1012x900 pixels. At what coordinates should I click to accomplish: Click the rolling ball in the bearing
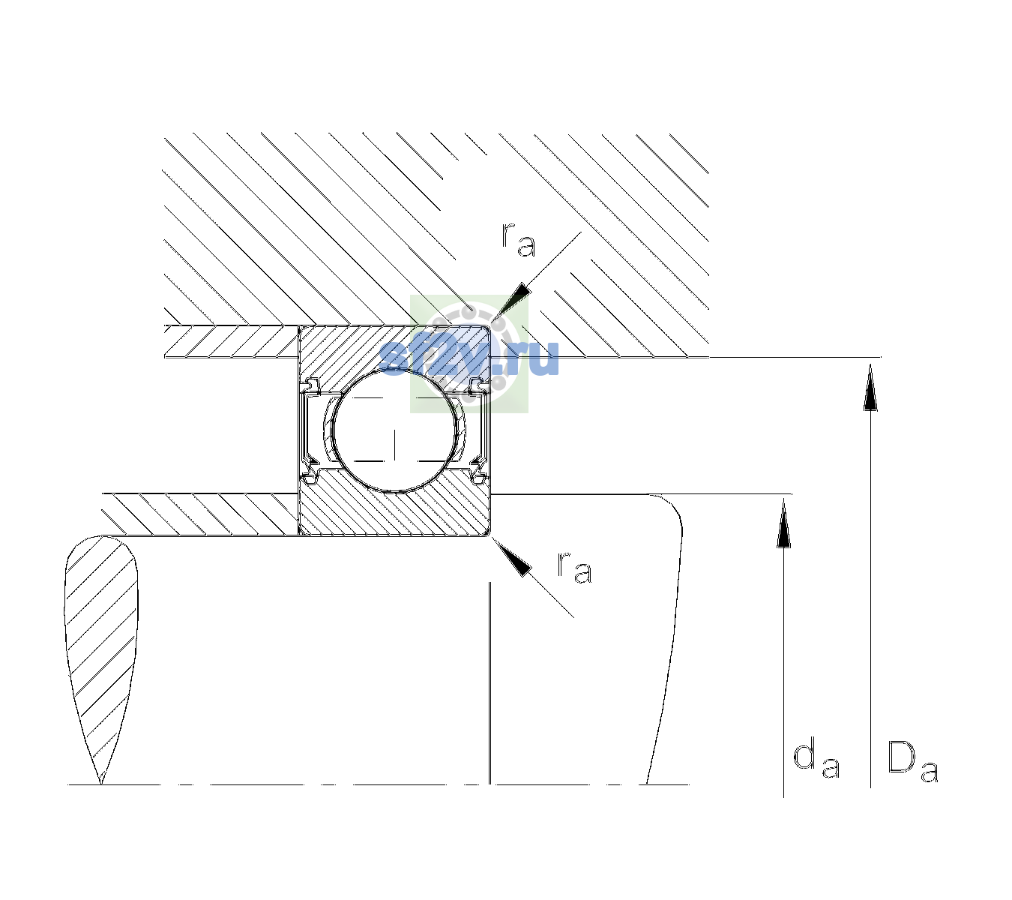point(394,430)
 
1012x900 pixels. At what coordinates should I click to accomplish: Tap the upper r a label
point(519,240)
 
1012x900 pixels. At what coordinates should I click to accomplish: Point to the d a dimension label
point(816,760)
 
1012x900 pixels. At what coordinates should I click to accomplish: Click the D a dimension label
point(912,761)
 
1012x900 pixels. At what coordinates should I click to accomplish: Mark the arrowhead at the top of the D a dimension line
point(870,387)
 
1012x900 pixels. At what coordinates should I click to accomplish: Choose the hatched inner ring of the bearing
point(394,510)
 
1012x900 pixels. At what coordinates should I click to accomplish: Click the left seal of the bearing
point(309,430)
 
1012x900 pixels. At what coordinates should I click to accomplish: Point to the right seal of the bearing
point(480,430)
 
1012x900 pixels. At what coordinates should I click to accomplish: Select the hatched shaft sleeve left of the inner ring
point(200,514)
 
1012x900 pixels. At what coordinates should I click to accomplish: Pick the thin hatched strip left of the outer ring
point(231,342)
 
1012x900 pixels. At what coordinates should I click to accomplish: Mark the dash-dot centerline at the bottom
point(379,784)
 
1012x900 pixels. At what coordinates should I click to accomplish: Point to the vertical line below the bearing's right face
point(490,682)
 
